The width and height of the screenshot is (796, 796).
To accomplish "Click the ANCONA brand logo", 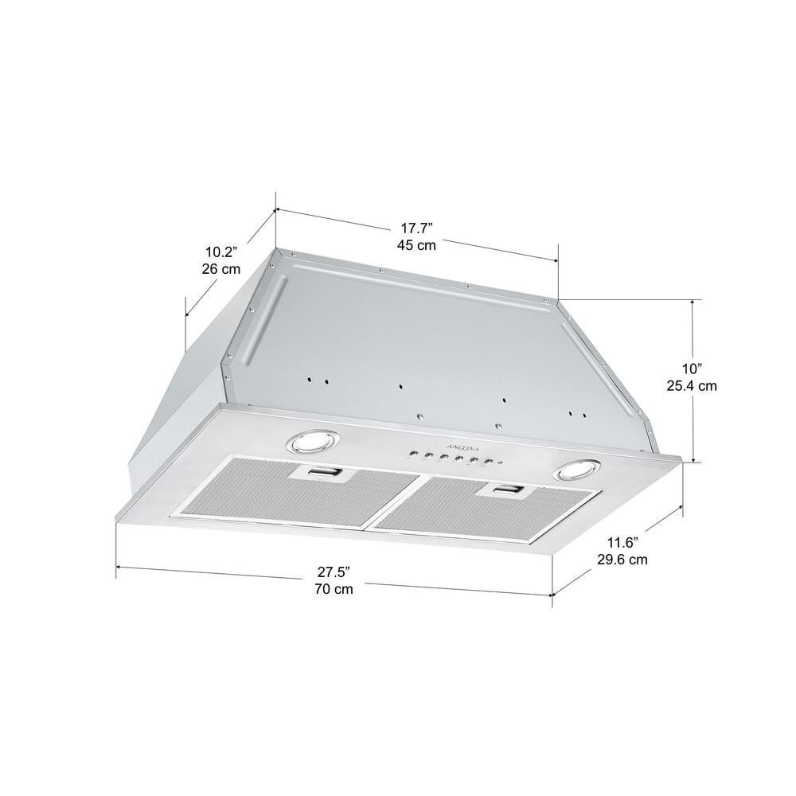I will click(451, 443).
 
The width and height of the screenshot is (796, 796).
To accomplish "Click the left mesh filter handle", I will click(320, 474).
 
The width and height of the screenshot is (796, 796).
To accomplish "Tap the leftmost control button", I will click(412, 455).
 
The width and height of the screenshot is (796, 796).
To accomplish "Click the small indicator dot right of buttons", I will click(500, 463).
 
